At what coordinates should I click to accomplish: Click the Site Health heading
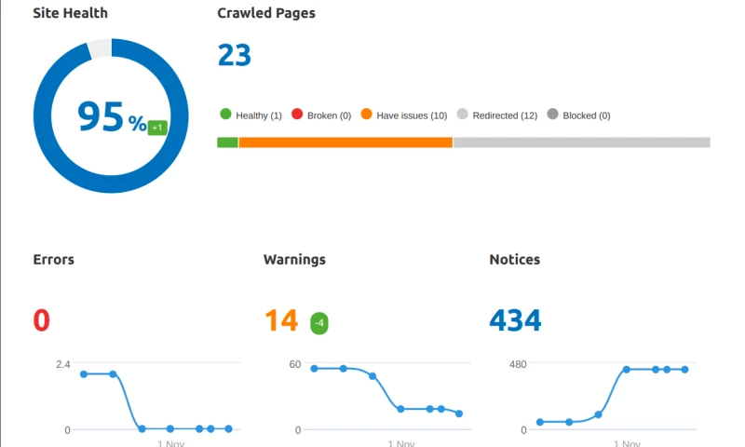tap(70, 14)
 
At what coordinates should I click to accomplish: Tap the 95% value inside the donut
tap(111, 117)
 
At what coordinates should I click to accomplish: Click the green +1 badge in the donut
tap(157, 128)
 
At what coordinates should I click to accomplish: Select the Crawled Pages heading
tap(265, 14)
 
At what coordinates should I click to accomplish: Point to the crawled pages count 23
tap(235, 56)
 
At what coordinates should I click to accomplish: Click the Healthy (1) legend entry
tap(251, 115)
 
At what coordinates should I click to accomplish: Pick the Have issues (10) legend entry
tap(403, 115)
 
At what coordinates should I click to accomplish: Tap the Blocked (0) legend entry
tap(578, 115)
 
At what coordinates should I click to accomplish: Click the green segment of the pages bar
tap(227, 142)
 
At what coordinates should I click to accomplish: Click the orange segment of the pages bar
tap(345, 142)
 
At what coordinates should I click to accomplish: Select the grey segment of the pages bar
tap(581, 142)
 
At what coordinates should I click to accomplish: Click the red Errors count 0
tap(42, 321)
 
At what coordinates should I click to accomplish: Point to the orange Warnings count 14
tap(280, 321)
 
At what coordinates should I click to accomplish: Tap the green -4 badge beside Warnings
tap(319, 323)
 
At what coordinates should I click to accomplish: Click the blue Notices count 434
tap(515, 321)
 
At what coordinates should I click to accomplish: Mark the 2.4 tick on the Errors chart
tap(62, 364)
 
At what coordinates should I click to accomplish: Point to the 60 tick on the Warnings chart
tap(294, 364)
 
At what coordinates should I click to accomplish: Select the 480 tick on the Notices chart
tap(518, 364)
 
